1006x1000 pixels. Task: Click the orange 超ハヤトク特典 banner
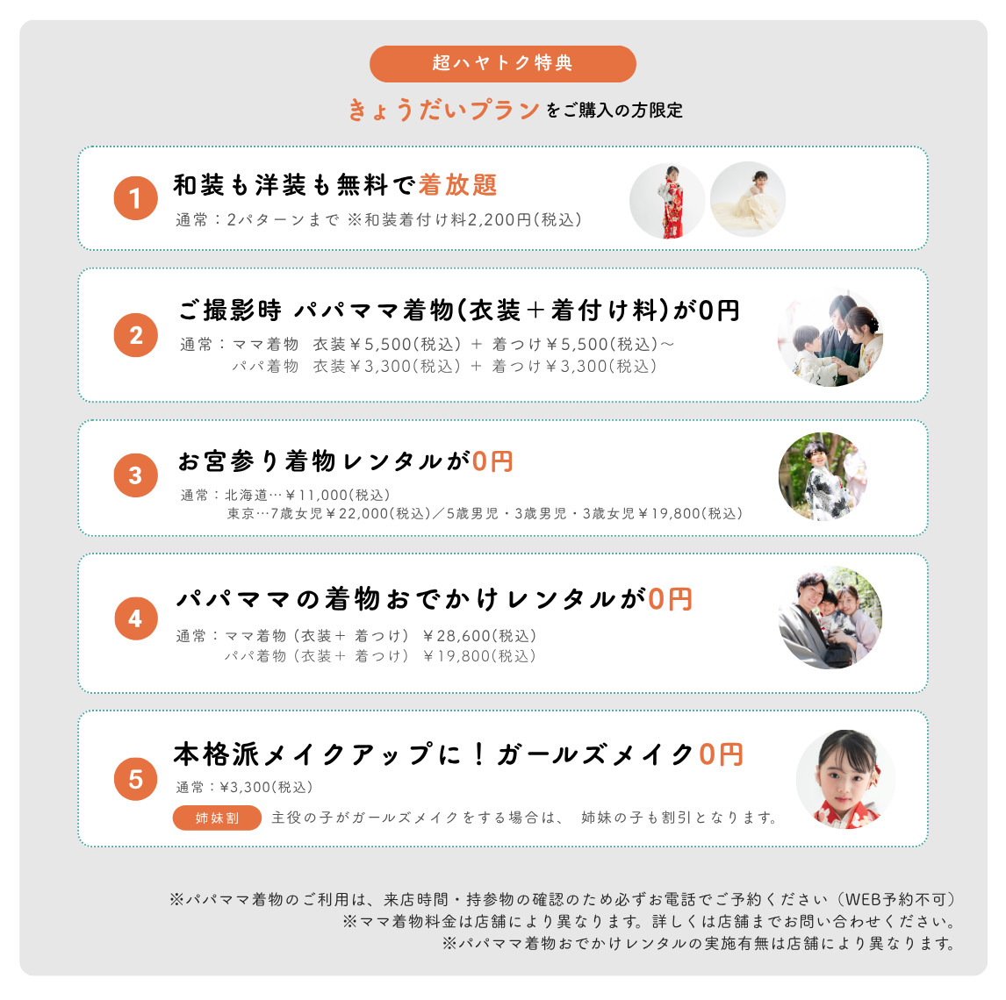pyautogui.click(x=502, y=63)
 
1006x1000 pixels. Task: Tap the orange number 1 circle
pyautogui.click(x=135, y=198)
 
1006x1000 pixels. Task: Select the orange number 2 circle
pyautogui.click(x=135, y=334)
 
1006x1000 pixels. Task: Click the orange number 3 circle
pyautogui.click(x=135, y=475)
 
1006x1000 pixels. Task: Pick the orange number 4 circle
pyautogui.click(x=135, y=618)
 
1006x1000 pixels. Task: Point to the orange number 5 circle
pyautogui.click(x=135, y=779)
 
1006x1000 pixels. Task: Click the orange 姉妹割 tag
pyautogui.click(x=217, y=818)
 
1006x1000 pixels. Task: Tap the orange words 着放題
pyautogui.click(x=458, y=185)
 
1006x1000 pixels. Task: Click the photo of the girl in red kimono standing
pyautogui.click(x=667, y=201)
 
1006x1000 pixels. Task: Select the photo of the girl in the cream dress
pyautogui.click(x=747, y=199)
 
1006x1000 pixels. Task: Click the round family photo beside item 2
pyautogui.click(x=830, y=339)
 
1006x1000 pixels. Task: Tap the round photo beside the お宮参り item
pyautogui.click(x=823, y=476)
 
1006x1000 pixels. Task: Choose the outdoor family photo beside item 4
pyautogui.click(x=830, y=618)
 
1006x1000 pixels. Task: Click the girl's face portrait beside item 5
pyautogui.click(x=846, y=779)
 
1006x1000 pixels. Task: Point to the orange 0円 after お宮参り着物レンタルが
pyautogui.click(x=492, y=461)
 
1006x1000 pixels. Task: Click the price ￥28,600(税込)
pyautogui.click(x=479, y=636)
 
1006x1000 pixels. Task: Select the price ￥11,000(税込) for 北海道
pyautogui.click(x=338, y=495)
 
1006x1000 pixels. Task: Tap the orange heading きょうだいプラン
pyautogui.click(x=443, y=110)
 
